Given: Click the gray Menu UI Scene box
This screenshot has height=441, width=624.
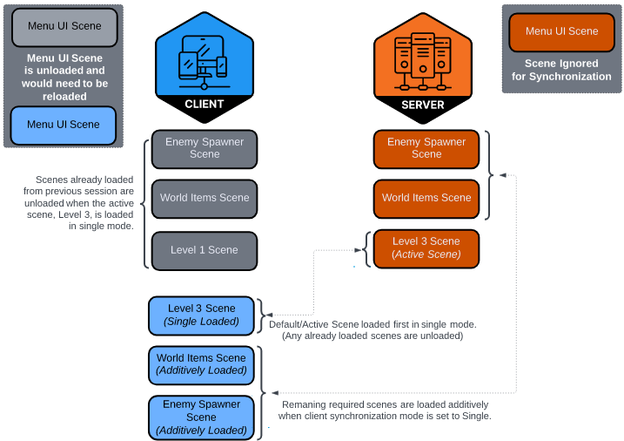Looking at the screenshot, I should pyautogui.click(x=64, y=27).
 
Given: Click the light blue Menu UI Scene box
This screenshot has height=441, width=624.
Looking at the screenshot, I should pyautogui.click(x=64, y=125).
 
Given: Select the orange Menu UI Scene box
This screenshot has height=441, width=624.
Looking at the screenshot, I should pyautogui.click(x=561, y=32).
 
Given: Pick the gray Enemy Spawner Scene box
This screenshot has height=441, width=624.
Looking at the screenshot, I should pyautogui.click(x=205, y=148).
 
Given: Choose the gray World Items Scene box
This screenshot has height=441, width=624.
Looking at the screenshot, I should pyautogui.click(x=205, y=198).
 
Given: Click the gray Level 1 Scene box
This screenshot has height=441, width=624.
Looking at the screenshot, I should pyautogui.click(x=205, y=250).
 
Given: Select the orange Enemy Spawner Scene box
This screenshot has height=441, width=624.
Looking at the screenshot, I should pyautogui.click(x=426, y=148).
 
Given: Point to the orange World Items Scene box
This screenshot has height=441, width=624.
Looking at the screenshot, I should pyautogui.click(x=426, y=198).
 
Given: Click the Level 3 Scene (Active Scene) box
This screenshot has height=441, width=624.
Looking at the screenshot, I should pyautogui.click(x=426, y=248).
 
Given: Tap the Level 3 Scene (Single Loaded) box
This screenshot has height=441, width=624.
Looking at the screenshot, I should pyautogui.click(x=202, y=315).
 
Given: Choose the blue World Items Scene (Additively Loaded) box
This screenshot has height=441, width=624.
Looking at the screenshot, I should pyautogui.click(x=201, y=364).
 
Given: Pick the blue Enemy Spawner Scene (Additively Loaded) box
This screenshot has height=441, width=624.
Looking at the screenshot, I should pyautogui.click(x=201, y=417).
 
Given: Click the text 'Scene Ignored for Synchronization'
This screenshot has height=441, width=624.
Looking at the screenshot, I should pyautogui.click(x=561, y=71).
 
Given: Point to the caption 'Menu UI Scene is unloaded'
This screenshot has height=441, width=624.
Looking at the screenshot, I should pyautogui.click(x=64, y=77).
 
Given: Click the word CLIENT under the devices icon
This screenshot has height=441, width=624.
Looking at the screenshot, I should pyautogui.click(x=205, y=105).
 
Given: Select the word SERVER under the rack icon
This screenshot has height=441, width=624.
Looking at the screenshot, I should pyautogui.click(x=423, y=105).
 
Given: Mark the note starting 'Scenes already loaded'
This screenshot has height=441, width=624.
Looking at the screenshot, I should pyautogui.click(x=79, y=202).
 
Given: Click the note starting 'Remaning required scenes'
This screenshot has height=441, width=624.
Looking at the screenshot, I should pyautogui.click(x=386, y=410).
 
